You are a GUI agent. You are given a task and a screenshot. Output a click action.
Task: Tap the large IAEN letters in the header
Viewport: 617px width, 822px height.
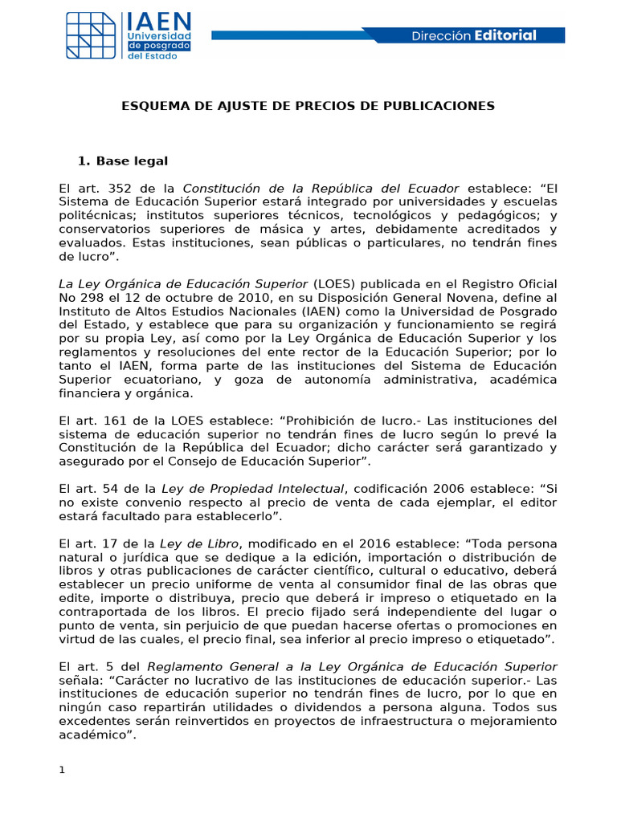click(x=158, y=22)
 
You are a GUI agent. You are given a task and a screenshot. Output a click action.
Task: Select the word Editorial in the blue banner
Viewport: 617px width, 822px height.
click(x=505, y=35)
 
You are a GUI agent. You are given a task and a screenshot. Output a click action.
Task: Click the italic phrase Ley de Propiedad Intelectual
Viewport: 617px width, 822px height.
click(x=253, y=489)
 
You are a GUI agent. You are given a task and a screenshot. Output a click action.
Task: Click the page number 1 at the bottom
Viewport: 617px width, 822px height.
click(x=61, y=771)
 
